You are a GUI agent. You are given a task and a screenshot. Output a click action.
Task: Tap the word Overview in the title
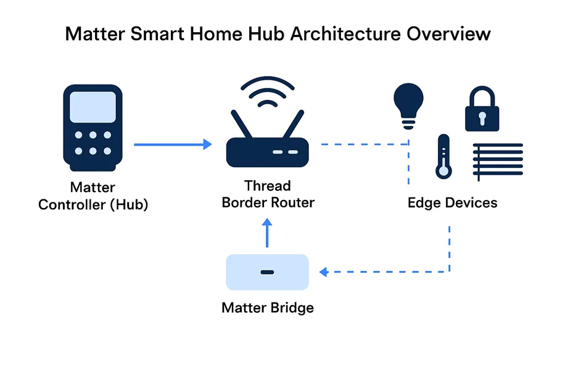(x=448, y=34)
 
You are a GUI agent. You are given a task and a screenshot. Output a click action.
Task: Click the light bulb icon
(x=409, y=106)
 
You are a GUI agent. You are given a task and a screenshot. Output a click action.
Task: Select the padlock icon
(x=482, y=109)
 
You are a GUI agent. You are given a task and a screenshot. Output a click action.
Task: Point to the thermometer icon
(x=443, y=156)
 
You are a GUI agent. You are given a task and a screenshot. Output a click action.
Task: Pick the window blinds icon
(x=498, y=161)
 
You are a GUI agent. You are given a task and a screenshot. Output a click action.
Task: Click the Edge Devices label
(x=453, y=202)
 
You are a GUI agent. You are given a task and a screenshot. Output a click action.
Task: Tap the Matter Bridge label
(x=268, y=307)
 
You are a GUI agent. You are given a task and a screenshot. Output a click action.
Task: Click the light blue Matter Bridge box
(x=267, y=272)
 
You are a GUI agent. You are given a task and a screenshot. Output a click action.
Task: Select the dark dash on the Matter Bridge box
(x=267, y=272)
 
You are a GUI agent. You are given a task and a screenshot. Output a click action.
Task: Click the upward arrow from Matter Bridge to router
(x=267, y=233)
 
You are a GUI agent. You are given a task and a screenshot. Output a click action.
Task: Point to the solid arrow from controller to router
(x=173, y=144)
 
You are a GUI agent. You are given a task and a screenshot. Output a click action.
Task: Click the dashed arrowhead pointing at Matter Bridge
(x=324, y=272)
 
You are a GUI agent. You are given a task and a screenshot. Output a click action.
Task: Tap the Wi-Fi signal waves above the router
(x=267, y=91)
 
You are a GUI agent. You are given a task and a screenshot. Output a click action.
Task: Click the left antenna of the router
(x=242, y=124)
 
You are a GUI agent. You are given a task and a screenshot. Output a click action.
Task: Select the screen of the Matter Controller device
(x=93, y=107)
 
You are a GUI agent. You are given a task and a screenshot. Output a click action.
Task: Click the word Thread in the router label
(x=268, y=186)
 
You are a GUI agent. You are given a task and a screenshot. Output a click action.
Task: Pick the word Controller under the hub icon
(x=72, y=204)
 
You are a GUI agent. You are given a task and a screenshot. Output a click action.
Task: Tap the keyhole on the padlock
(x=482, y=119)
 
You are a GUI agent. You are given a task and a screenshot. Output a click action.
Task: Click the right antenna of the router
(x=293, y=124)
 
